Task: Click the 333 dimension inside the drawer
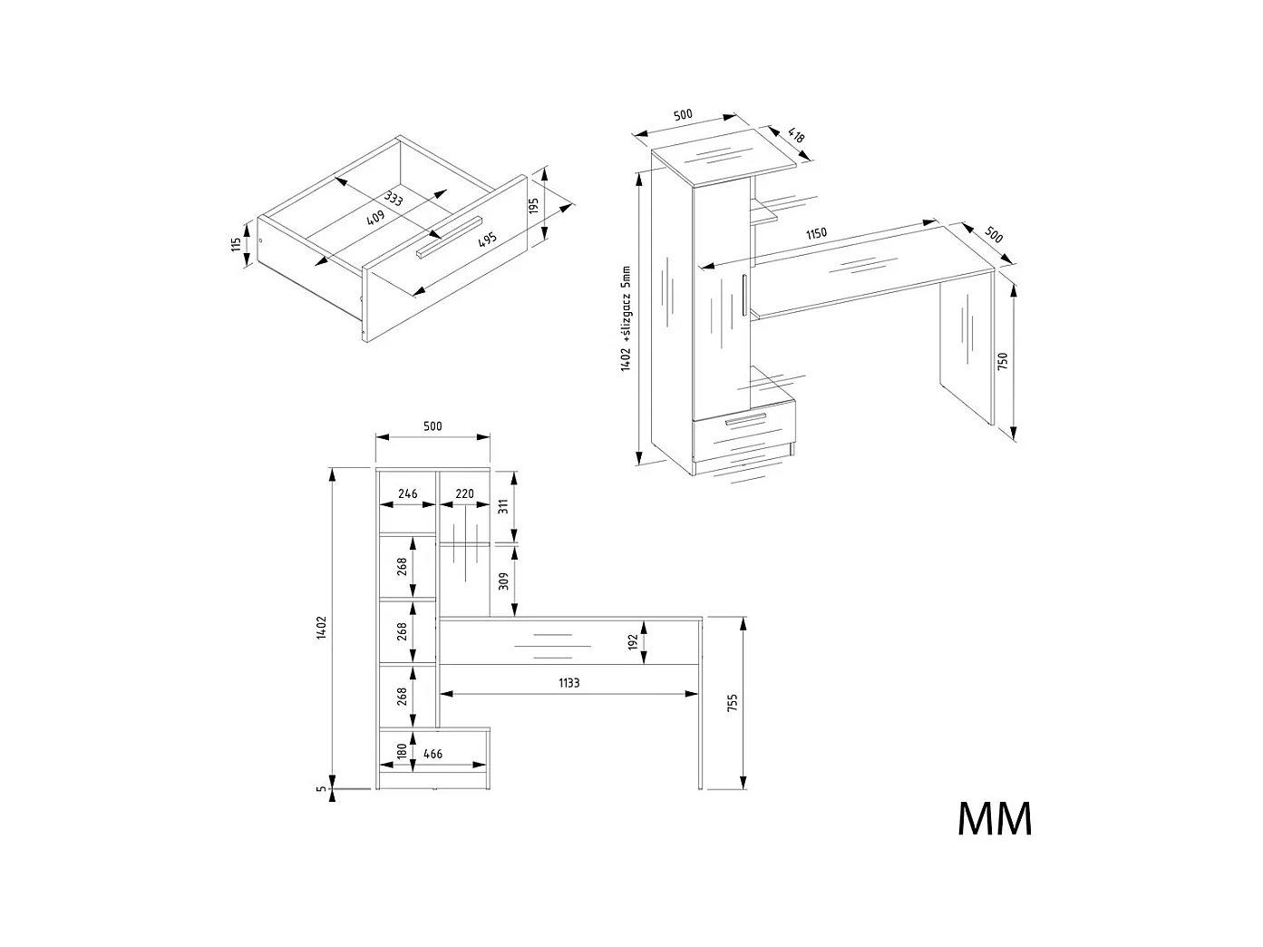393,199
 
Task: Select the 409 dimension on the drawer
375,218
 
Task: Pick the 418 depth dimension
795,137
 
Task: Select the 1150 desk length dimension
816,233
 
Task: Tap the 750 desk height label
1002,361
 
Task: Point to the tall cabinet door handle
743,295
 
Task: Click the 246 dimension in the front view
407,494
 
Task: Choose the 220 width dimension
464,494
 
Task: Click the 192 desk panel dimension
634,641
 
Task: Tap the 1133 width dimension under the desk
568,682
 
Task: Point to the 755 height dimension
733,703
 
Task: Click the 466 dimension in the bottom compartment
433,754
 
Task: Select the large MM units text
995,818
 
